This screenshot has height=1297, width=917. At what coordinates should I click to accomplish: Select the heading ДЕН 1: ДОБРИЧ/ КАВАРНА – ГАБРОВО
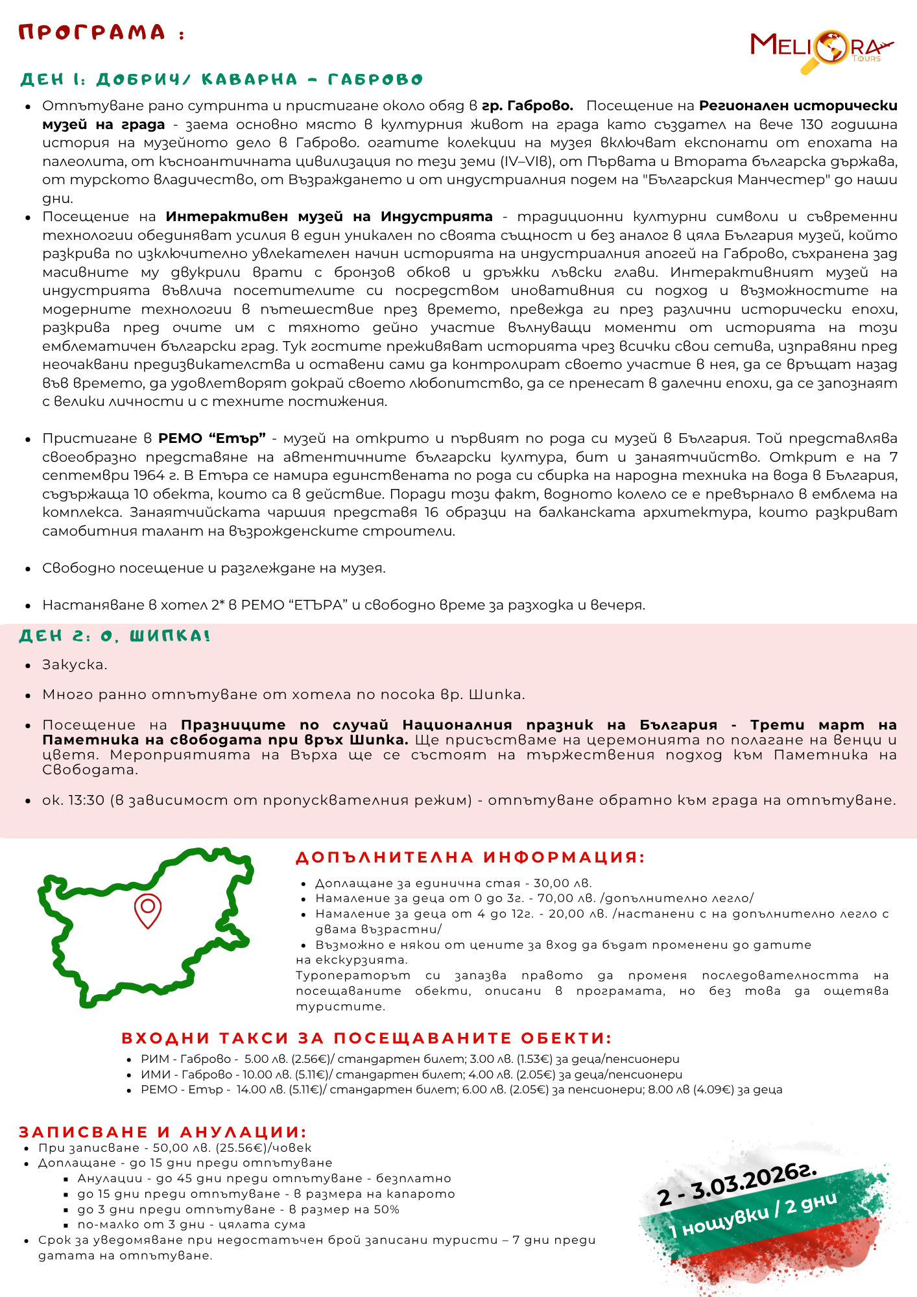click(x=222, y=80)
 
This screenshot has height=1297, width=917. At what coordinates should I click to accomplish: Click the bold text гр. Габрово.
click(x=527, y=106)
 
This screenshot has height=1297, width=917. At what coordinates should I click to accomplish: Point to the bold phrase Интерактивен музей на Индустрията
click(x=329, y=217)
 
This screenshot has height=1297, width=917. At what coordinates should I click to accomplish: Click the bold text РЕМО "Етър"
click(x=212, y=438)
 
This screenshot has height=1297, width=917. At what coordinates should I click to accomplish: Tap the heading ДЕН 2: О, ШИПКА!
click(x=115, y=636)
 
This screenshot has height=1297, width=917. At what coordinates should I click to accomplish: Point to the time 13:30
click(x=87, y=800)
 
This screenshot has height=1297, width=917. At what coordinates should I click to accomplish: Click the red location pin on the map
click(x=148, y=909)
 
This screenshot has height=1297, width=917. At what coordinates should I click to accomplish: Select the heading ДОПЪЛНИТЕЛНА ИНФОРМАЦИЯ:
click(x=470, y=857)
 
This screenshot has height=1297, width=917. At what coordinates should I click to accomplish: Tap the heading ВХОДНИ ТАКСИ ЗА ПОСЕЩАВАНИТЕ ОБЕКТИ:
click(x=366, y=1038)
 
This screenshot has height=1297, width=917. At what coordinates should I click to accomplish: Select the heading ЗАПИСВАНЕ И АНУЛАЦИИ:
click(x=162, y=1132)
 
